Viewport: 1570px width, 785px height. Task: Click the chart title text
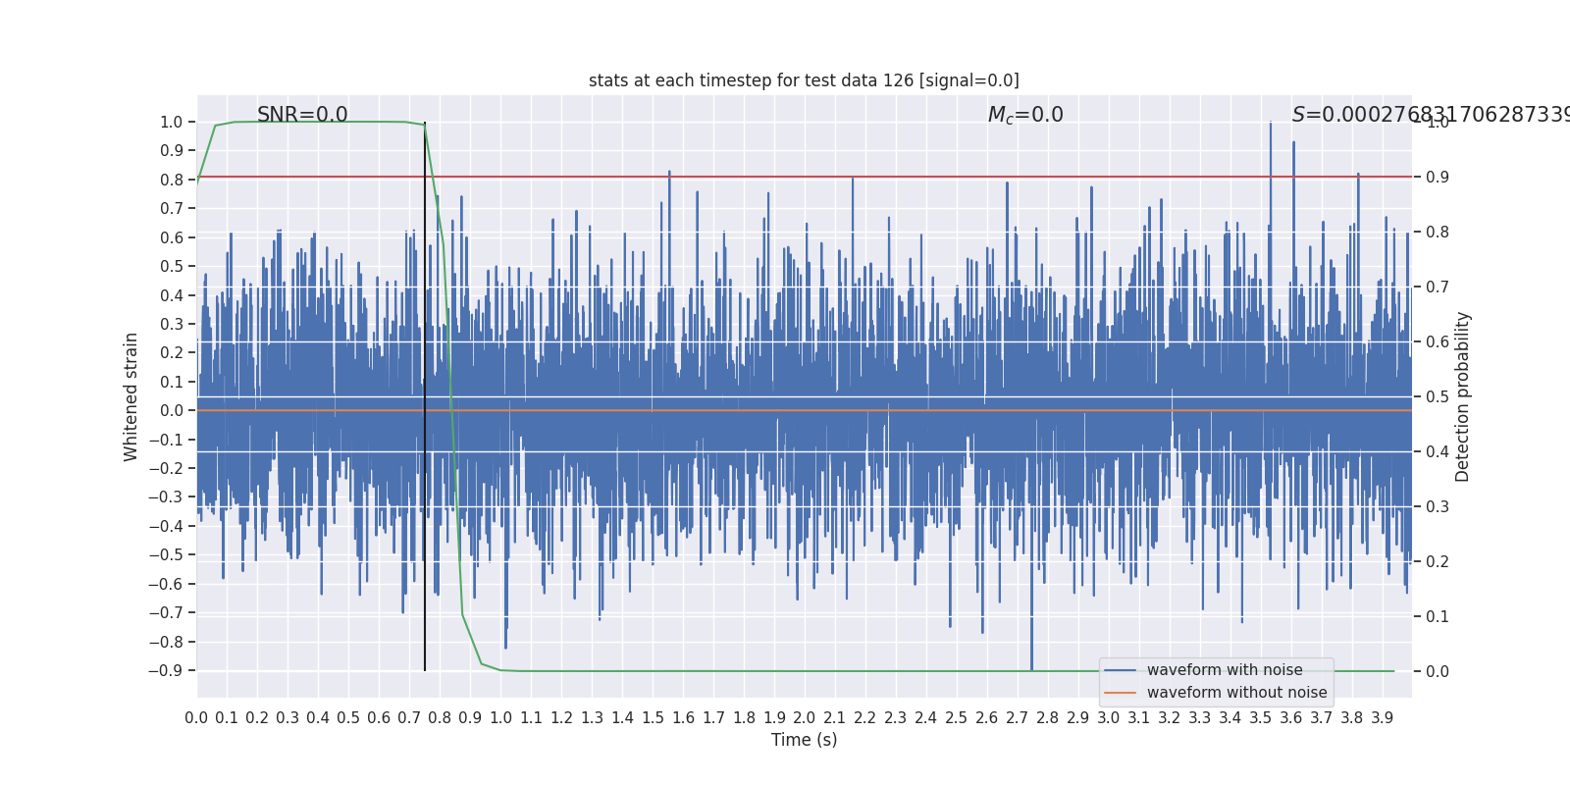click(x=804, y=80)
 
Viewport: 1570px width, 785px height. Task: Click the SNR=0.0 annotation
click(x=302, y=115)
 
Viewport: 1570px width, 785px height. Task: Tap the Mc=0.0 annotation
click(x=1025, y=115)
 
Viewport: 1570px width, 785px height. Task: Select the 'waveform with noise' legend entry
click(x=1224, y=670)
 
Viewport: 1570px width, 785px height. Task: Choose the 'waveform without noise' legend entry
click(x=1236, y=693)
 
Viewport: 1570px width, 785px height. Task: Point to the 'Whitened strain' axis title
click(x=131, y=396)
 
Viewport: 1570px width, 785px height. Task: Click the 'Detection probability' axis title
click(x=1463, y=396)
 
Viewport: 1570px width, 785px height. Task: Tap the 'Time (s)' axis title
click(x=804, y=740)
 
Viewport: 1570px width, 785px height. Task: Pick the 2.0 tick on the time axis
click(x=805, y=718)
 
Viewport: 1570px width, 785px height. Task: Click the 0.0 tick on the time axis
click(x=196, y=718)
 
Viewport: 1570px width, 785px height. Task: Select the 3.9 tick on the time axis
click(x=1383, y=718)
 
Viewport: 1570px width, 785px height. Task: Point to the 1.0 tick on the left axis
click(x=172, y=122)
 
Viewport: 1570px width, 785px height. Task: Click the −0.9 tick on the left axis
click(x=167, y=671)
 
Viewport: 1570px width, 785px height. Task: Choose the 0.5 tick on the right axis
click(x=1438, y=396)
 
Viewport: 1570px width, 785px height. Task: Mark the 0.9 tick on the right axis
click(x=1438, y=177)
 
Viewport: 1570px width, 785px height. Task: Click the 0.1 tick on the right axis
click(x=1438, y=616)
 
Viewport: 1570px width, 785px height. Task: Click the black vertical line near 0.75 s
click(x=425, y=392)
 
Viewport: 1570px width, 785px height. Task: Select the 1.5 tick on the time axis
click(x=653, y=718)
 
